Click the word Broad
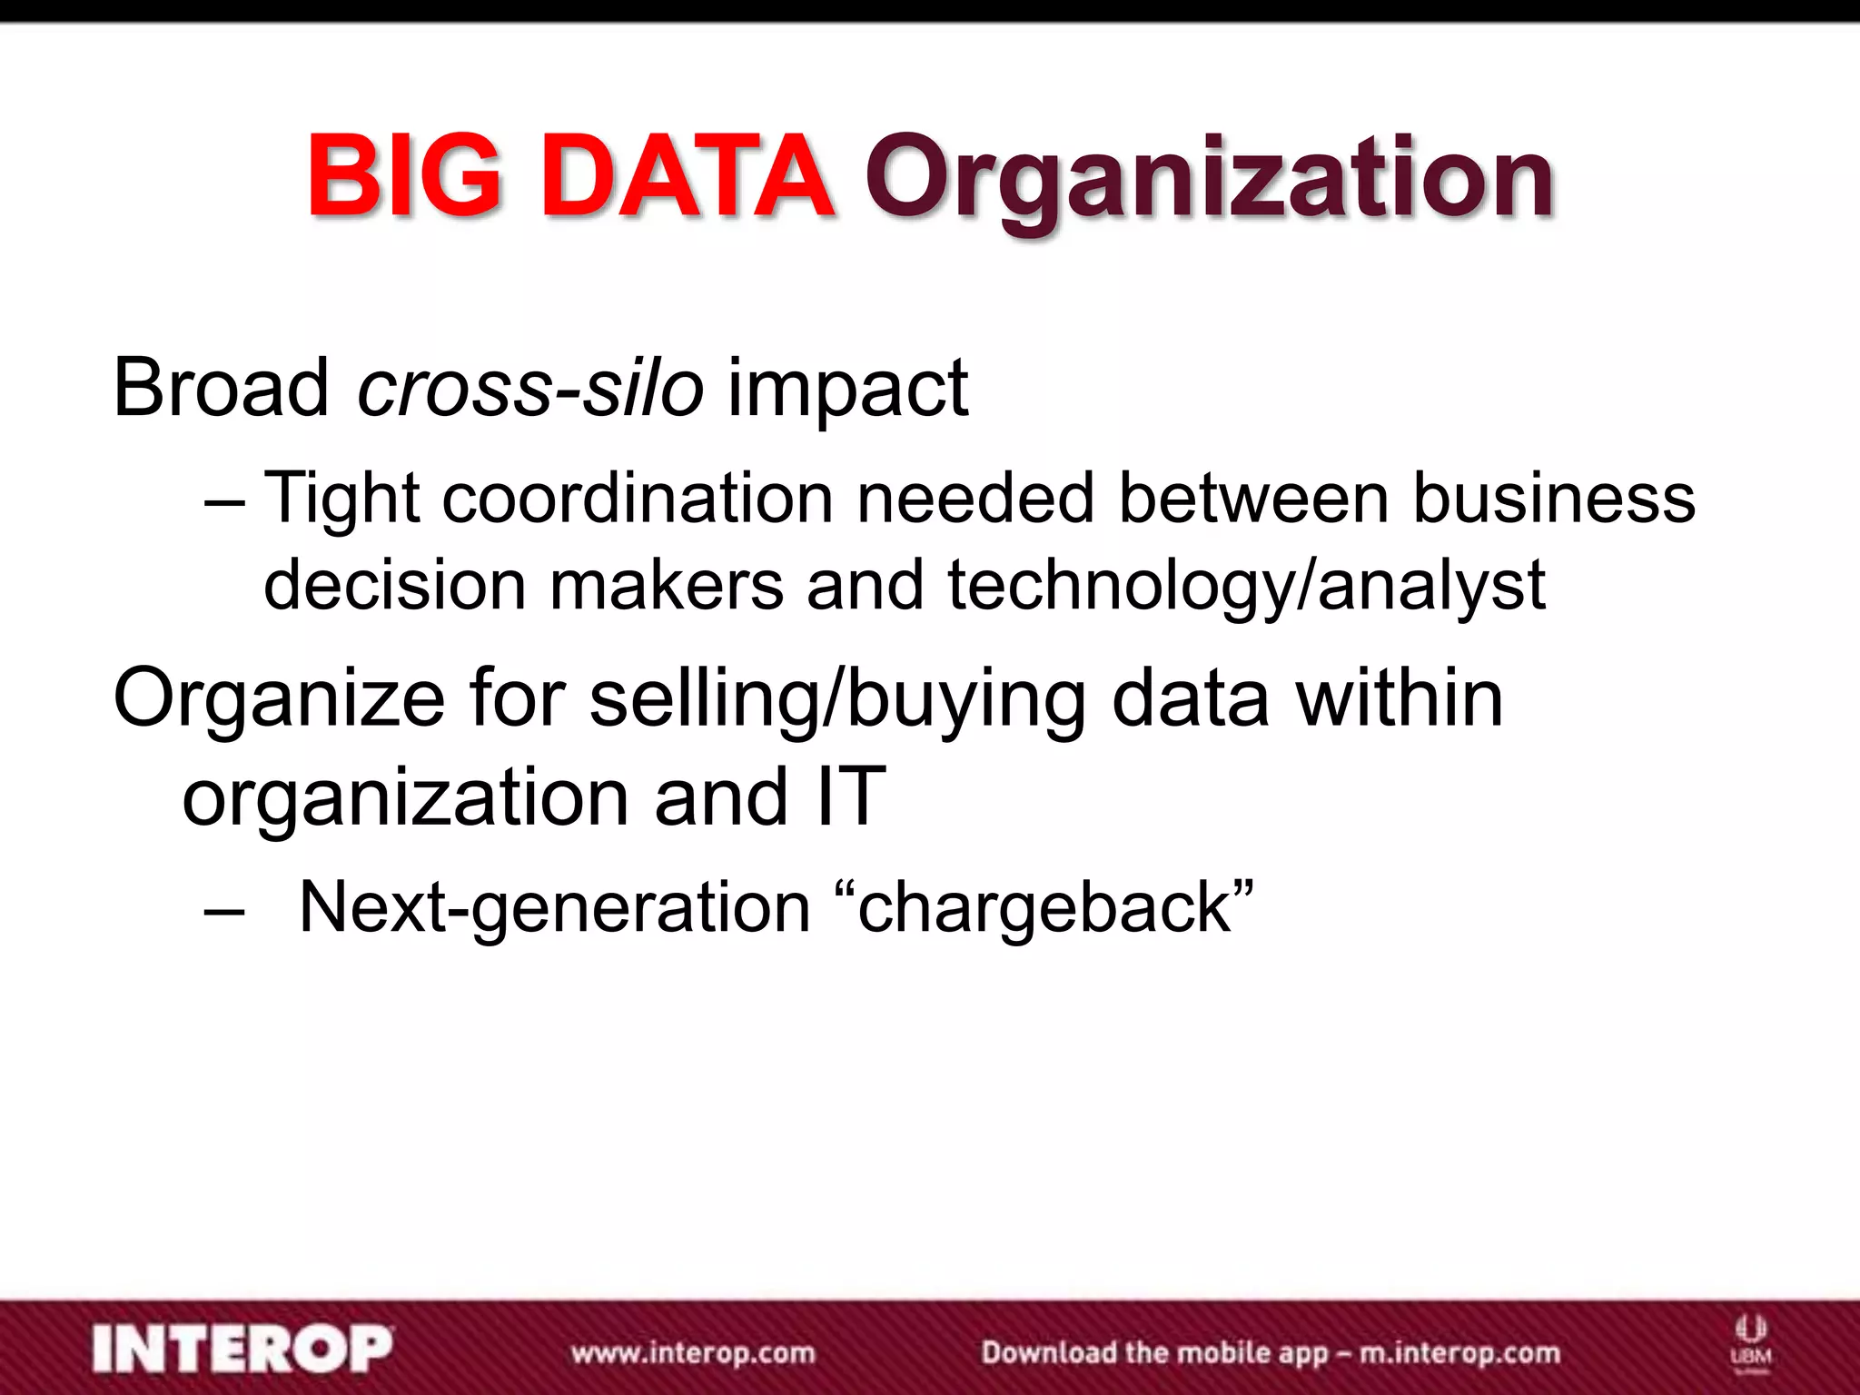221,388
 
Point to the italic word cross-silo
530,388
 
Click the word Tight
341,500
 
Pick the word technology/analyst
1246,587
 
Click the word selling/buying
837,700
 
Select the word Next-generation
554,908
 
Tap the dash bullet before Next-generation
224,908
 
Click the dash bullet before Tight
224,500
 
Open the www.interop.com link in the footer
693,1353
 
